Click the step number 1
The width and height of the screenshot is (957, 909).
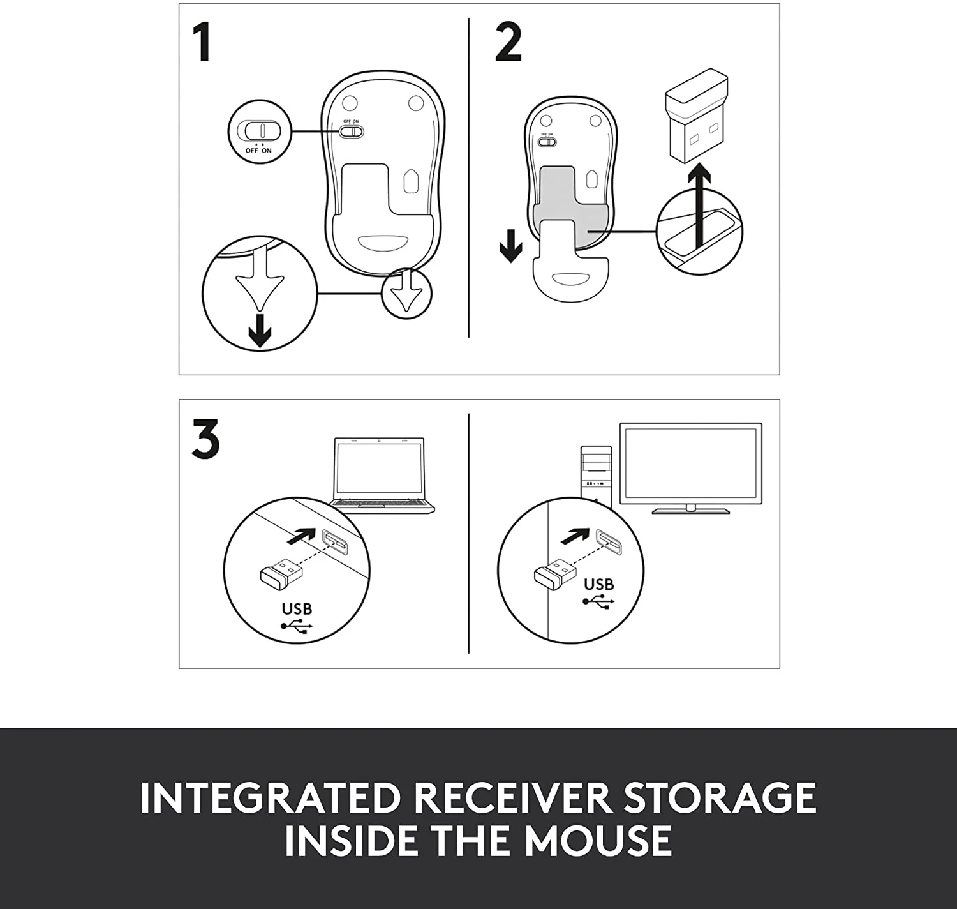tap(202, 43)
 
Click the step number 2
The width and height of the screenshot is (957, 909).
tap(508, 43)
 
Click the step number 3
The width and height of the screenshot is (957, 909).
tap(205, 439)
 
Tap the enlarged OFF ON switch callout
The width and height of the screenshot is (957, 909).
tap(259, 131)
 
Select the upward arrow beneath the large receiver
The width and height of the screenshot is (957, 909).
tap(701, 204)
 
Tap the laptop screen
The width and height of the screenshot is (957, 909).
tap(379, 470)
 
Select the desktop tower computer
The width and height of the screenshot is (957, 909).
tap(596, 476)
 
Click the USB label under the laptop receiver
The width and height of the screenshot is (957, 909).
tap(297, 609)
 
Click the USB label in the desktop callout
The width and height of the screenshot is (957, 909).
tap(598, 584)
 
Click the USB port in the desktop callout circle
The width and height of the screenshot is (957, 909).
tap(608, 543)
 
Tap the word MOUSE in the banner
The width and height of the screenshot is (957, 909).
tap(598, 840)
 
